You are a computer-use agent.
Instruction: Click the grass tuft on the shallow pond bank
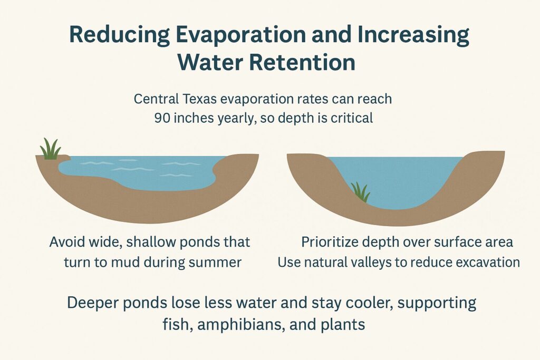pos(50,149)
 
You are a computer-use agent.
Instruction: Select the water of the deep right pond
pos(401,177)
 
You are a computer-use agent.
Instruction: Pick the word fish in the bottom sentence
pos(176,324)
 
